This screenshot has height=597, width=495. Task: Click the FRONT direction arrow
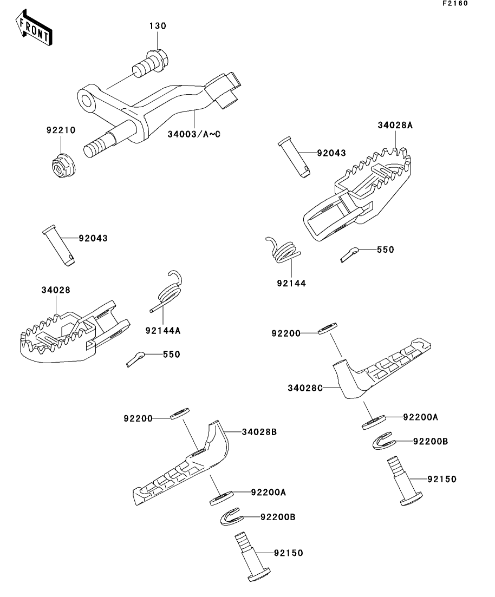[34, 28]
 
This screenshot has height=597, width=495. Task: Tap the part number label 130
[158, 26]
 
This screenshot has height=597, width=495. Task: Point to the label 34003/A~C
[194, 134]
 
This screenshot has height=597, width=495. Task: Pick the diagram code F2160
[455, 3]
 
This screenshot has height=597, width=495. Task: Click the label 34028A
[395, 125]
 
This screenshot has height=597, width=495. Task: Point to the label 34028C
[305, 388]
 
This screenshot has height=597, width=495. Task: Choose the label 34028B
[259, 432]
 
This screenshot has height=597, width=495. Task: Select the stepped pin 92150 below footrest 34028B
[252, 557]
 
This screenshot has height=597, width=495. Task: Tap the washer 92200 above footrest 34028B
[179, 414]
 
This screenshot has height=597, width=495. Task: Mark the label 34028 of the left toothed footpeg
[56, 290]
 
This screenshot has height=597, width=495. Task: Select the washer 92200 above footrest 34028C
[328, 328]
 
